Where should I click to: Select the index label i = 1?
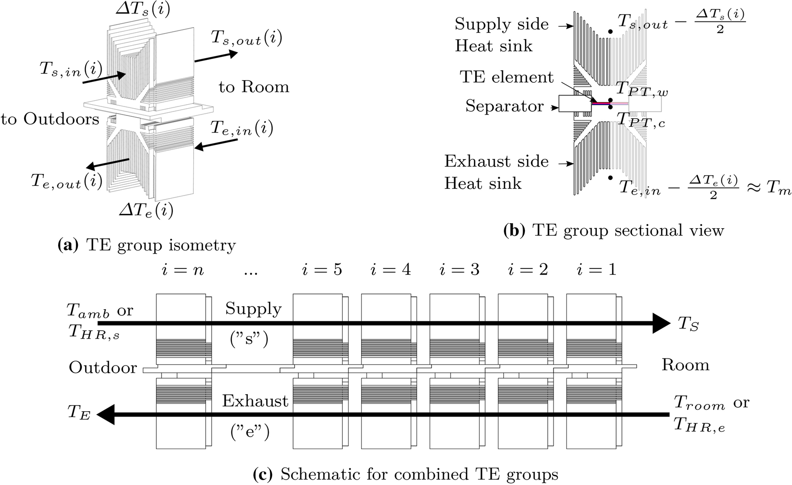[596, 269]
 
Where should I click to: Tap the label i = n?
[183, 270]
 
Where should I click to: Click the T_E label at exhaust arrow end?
[79, 413]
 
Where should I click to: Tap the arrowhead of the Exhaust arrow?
[106, 414]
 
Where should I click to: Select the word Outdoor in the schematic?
[102, 367]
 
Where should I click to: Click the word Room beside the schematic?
[685, 365]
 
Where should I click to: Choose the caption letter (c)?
[263, 474]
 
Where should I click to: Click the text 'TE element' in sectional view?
[507, 77]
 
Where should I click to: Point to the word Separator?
[504, 106]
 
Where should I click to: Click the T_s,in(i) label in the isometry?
[71, 70]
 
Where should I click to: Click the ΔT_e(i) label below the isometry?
[146, 210]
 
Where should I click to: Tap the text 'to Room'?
[254, 87]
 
